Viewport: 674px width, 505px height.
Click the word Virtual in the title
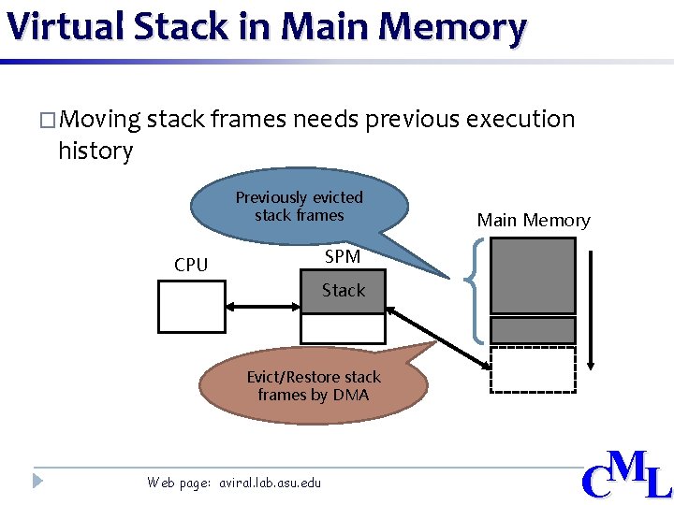[65, 26]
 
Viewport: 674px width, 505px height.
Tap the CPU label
[191, 265]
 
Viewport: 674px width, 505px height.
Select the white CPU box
[192, 307]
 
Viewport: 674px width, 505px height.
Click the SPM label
[342, 256]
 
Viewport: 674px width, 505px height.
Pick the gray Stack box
[343, 291]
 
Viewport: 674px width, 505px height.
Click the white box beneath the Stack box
[343, 328]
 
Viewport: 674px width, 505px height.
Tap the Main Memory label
[534, 221]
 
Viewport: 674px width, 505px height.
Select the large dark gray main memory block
[533, 275]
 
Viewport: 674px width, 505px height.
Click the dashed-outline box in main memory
[533, 368]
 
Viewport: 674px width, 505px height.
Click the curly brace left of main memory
[476, 290]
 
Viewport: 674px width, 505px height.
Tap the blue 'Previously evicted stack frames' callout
[300, 207]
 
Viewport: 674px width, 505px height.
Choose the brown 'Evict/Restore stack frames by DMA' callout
[314, 386]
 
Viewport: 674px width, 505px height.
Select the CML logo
[625, 474]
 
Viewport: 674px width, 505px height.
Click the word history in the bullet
[95, 151]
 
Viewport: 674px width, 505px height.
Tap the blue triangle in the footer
[37, 482]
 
